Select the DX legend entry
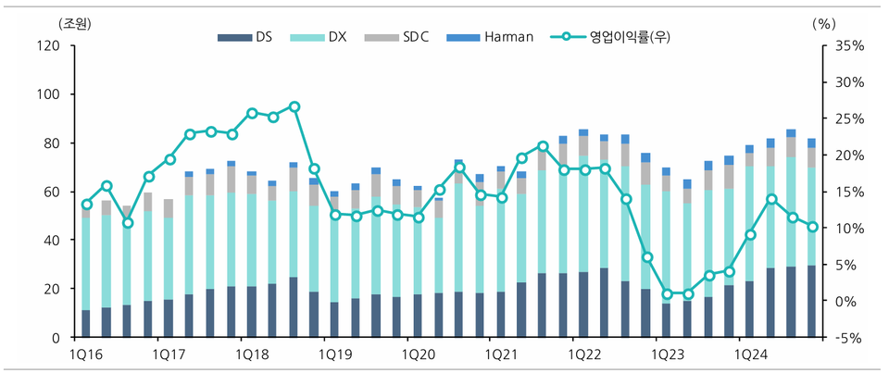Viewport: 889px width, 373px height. click(334, 38)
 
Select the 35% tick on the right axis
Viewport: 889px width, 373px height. click(850, 45)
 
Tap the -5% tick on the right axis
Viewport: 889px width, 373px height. click(850, 338)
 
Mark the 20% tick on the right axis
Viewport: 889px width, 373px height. click(850, 155)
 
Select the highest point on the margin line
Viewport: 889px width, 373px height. click(294, 106)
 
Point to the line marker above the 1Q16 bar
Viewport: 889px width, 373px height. click(86, 205)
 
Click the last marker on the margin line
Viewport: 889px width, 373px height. click(812, 227)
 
